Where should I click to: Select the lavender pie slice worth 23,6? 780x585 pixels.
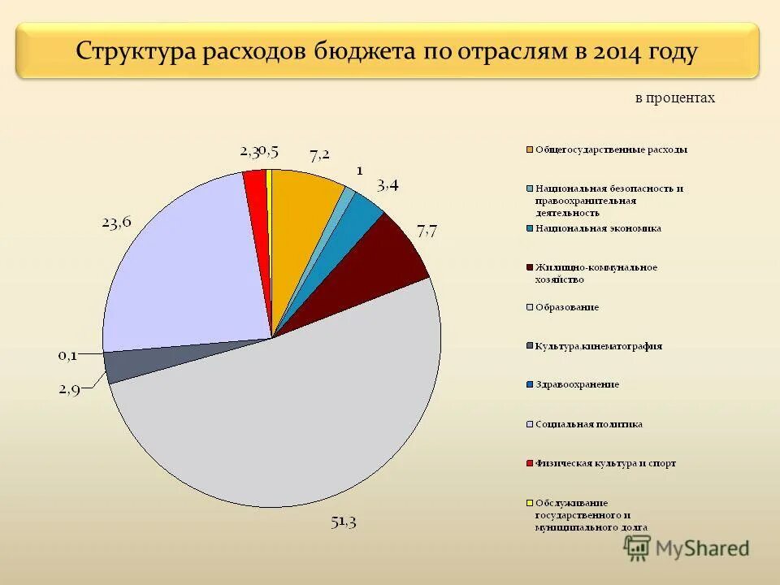pos(187,268)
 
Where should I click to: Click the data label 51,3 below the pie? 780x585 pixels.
pos(343,522)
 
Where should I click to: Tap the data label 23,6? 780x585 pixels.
pos(116,221)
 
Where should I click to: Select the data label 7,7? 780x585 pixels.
pos(427,231)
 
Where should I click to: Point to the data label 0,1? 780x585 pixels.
pos(69,355)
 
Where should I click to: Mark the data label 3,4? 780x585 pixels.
pos(388,185)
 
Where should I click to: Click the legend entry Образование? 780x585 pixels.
pos(566,307)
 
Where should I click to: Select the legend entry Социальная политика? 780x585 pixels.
pos(587,423)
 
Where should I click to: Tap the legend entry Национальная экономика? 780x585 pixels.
pos(597,228)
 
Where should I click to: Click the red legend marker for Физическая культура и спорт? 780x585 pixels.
pos(530,463)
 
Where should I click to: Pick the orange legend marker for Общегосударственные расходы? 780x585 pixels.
pos(530,149)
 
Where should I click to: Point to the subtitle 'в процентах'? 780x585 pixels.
pos(674,98)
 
